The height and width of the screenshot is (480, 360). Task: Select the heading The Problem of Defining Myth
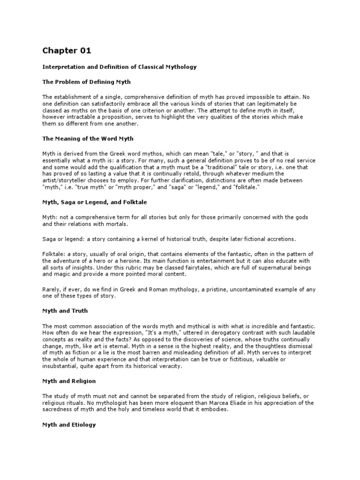(x=87, y=82)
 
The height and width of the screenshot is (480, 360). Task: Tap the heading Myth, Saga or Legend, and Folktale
(x=96, y=202)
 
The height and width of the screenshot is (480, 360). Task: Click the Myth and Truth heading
(x=65, y=311)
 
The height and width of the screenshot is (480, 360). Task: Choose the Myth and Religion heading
(x=69, y=381)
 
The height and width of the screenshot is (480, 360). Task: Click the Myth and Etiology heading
(x=69, y=425)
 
